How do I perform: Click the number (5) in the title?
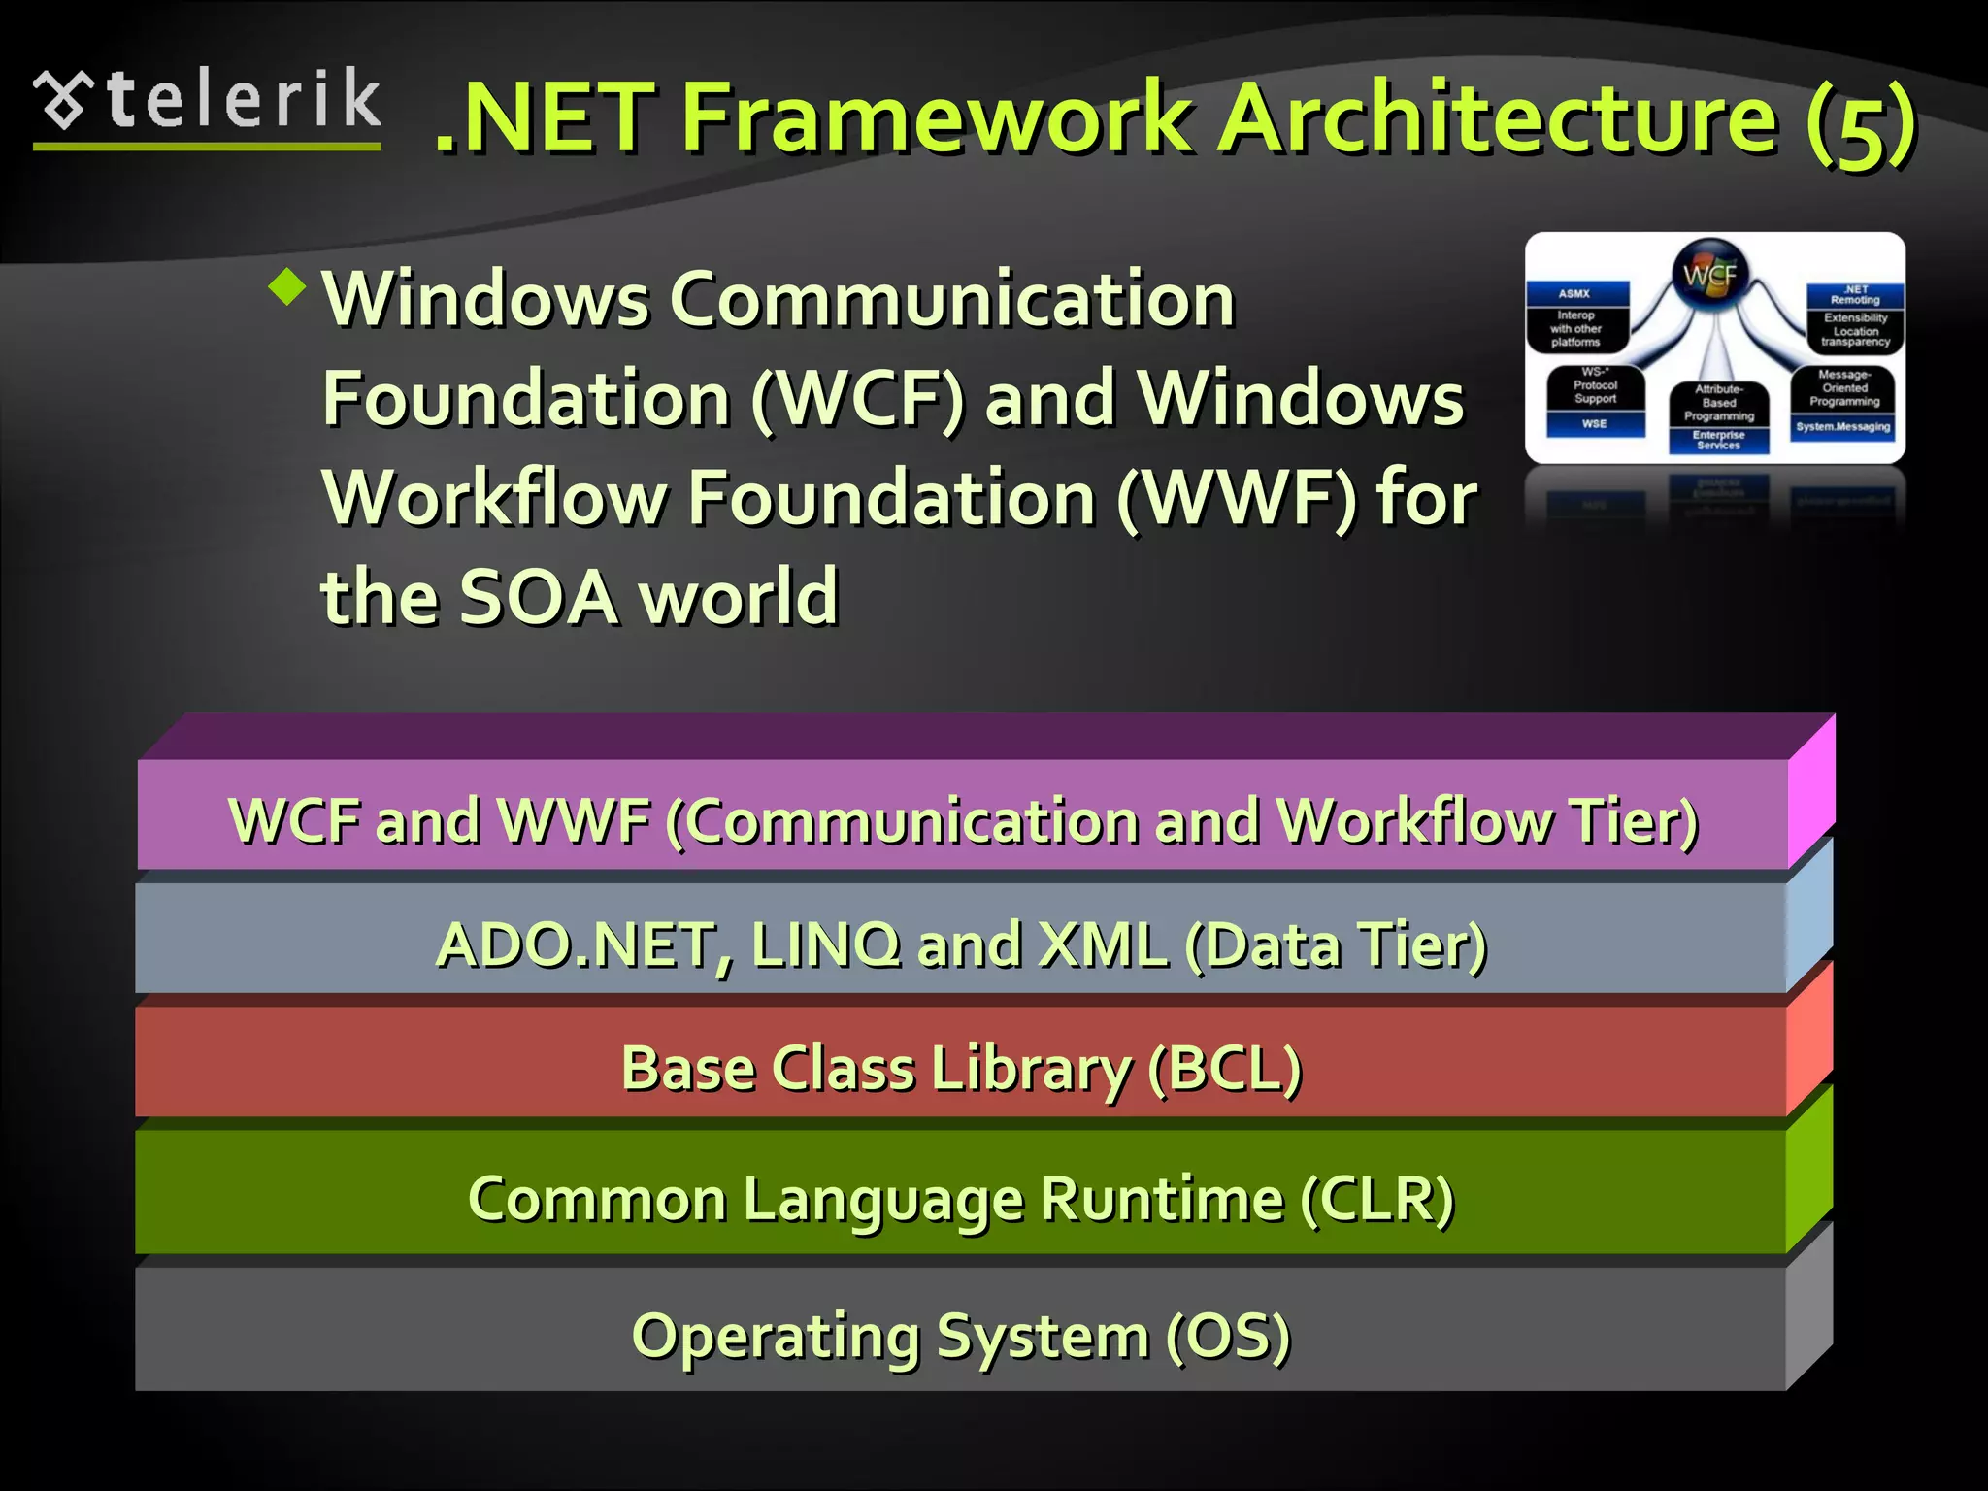pyautogui.click(x=1860, y=124)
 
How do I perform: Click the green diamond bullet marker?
pyautogui.click(x=287, y=286)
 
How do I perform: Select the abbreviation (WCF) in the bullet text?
pyautogui.click(x=858, y=399)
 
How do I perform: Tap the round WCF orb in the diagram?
pyautogui.click(x=1709, y=275)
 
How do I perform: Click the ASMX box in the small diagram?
pyautogui.click(x=1574, y=293)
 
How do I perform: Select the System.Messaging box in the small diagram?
pyautogui.click(x=1841, y=427)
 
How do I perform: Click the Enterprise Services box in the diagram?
pyautogui.click(x=1718, y=441)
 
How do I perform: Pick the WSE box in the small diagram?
pyautogui.click(x=1594, y=424)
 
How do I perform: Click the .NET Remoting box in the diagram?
pyautogui.click(x=1855, y=295)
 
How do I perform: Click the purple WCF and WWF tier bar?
pyautogui.click(x=961, y=815)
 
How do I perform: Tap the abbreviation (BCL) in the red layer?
pyautogui.click(x=1223, y=1069)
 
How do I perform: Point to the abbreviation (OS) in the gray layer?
pyautogui.click(x=1227, y=1337)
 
